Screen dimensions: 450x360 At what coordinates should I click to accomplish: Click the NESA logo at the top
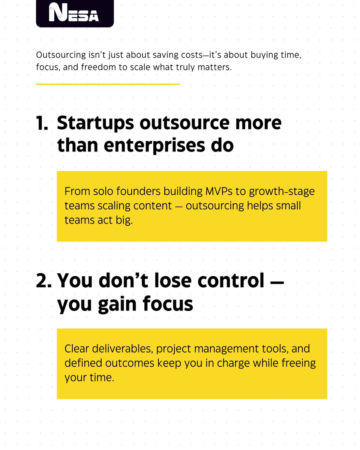coord(74,13)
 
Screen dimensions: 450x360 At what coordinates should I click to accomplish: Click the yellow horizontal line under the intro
coord(108,84)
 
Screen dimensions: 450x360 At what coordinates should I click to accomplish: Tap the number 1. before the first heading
coord(42,124)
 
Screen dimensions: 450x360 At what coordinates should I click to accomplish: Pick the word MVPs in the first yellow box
coord(218,191)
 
